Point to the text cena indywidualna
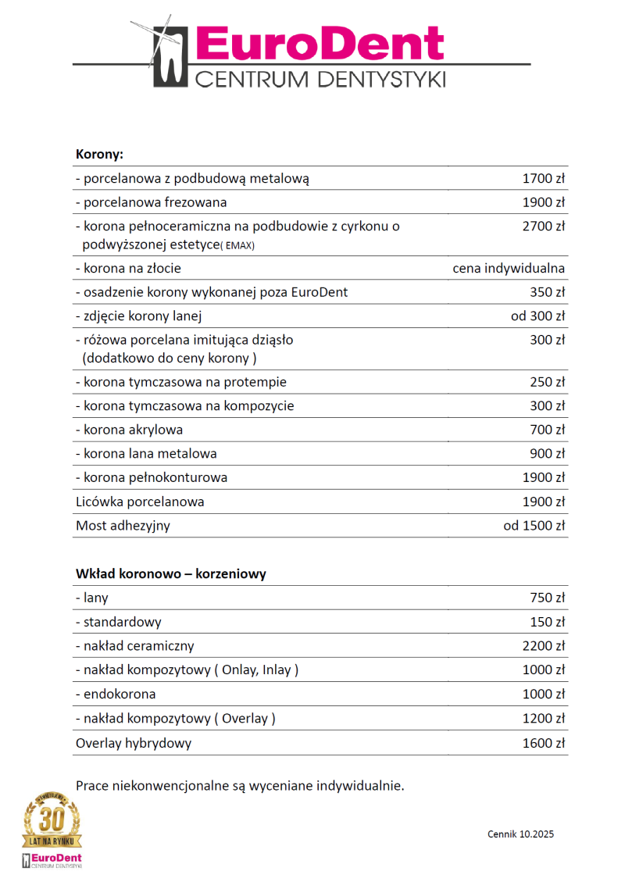tap(509, 269)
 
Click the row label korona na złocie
tap(128, 269)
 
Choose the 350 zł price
tap(547, 292)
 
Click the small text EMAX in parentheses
tap(238, 245)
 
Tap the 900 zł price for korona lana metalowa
tap(547, 454)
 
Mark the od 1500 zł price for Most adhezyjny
tap(534, 526)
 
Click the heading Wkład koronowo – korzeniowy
tap(171, 573)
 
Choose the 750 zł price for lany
tap(547, 598)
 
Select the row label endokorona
tap(116, 694)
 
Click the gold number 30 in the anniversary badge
tap(52, 820)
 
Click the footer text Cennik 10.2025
tap(520, 834)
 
